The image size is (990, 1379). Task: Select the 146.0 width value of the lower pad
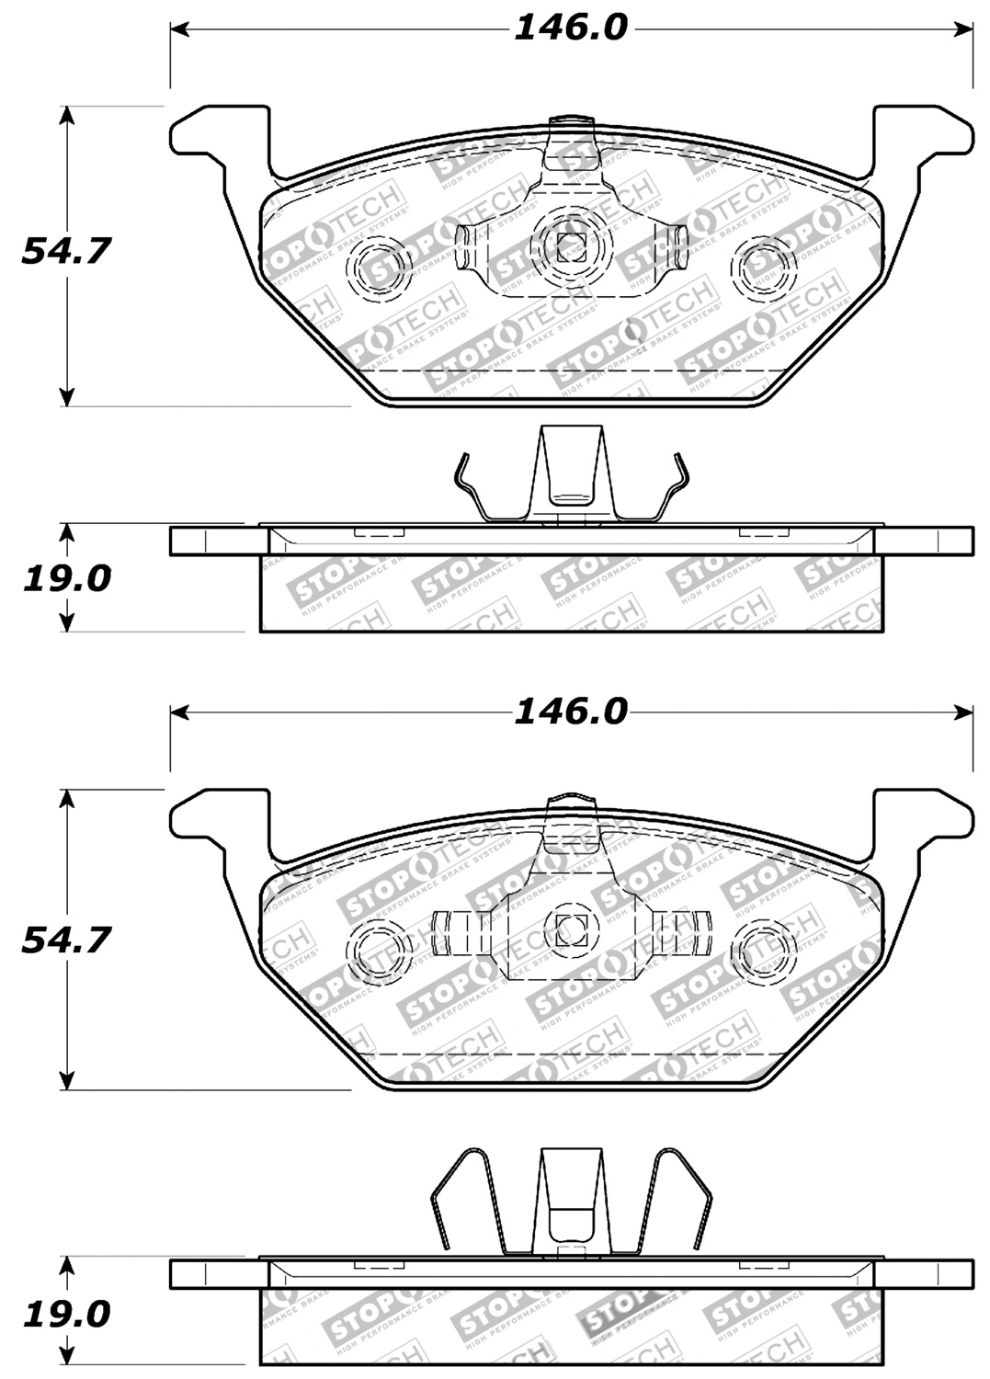tap(570, 712)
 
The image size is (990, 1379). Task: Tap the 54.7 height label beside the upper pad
tap(65, 250)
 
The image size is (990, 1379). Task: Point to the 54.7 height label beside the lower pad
tap(65, 940)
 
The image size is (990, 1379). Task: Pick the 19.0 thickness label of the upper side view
tap(65, 579)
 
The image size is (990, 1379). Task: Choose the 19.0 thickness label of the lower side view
tap(65, 1313)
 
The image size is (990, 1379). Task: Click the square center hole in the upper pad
tap(570, 245)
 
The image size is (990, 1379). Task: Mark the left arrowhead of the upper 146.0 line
tap(180, 29)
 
